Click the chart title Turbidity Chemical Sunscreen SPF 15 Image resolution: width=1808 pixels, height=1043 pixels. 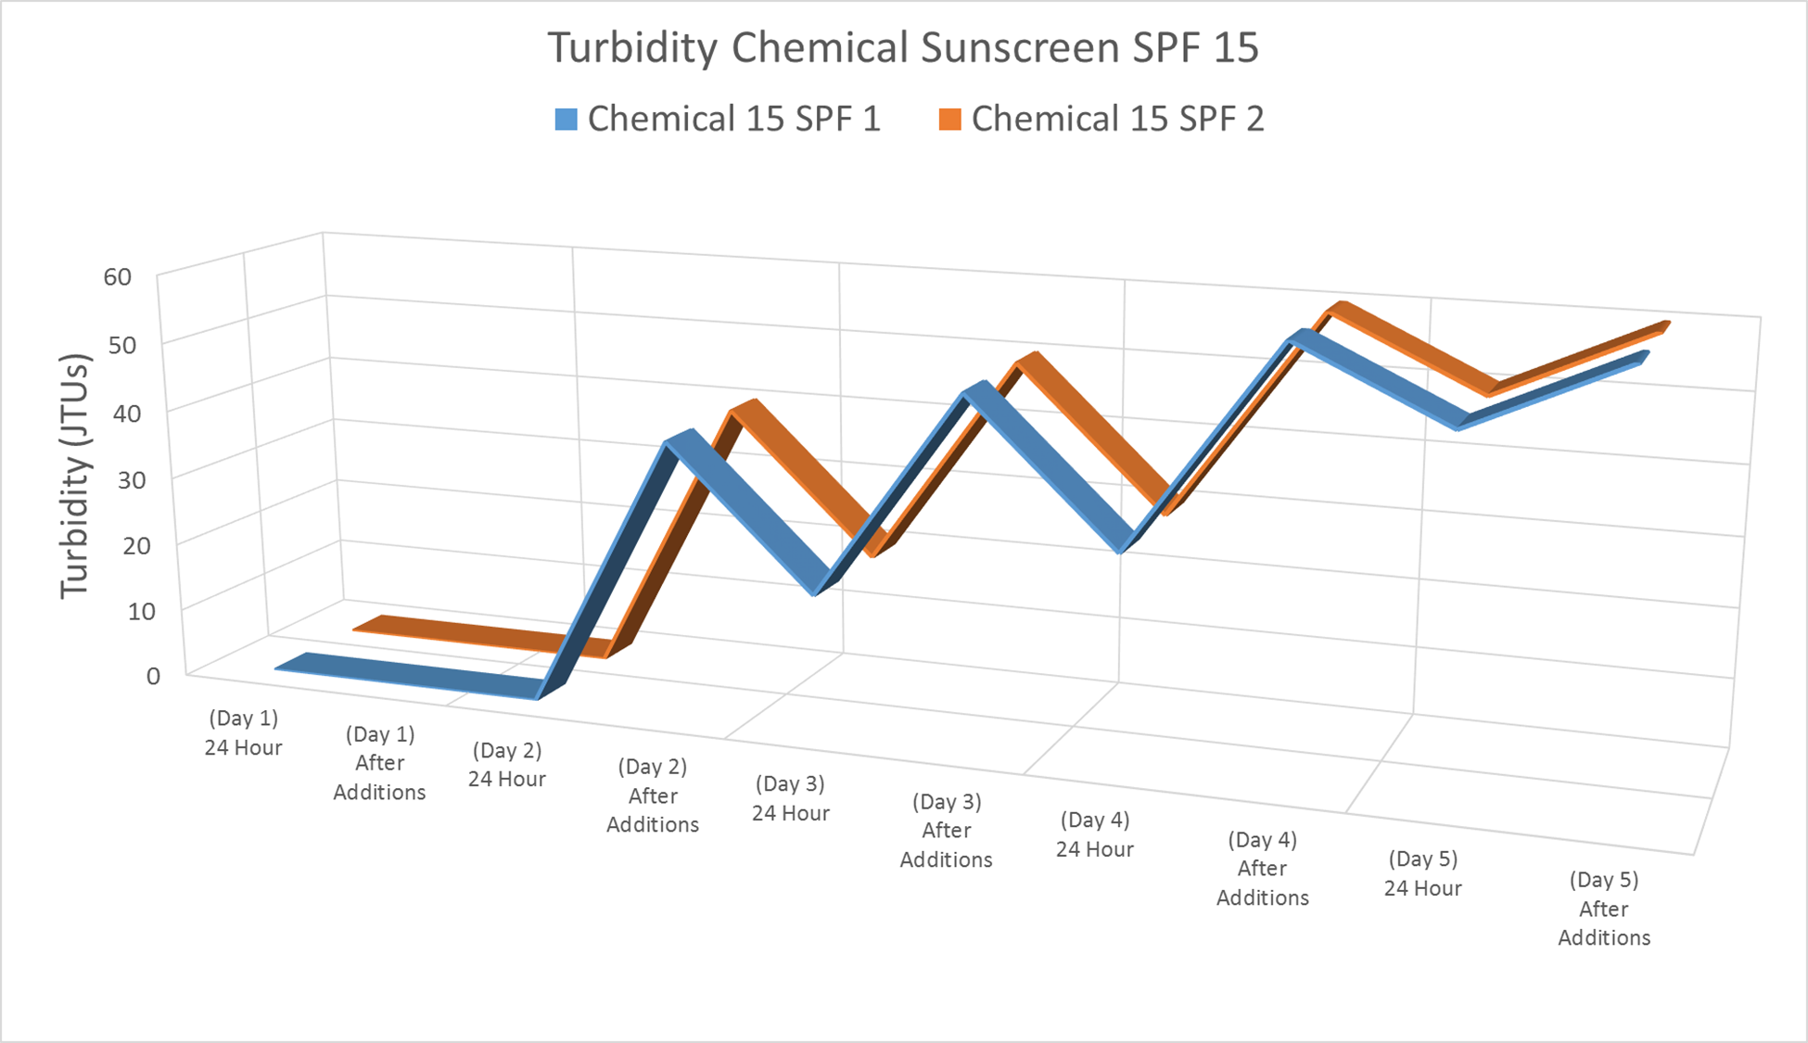(x=903, y=48)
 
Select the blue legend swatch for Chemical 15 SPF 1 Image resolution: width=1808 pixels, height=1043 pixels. (x=566, y=120)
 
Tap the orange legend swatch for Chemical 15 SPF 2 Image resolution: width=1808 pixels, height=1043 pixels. (x=949, y=120)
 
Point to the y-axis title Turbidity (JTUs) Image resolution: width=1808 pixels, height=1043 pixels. (x=74, y=476)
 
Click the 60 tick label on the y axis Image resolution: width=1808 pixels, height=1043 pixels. (x=118, y=276)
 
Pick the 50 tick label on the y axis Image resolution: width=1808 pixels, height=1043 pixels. (x=121, y=345)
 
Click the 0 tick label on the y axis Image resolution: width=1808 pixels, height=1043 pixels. (x=153, y=676)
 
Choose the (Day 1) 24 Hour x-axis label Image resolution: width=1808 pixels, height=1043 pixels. (x=243, y=732)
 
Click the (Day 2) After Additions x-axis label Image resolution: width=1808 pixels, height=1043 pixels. (x=653, y=795)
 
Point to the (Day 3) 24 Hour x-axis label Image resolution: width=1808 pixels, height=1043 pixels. (x=790, y=798)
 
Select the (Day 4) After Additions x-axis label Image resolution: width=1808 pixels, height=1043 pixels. (x=1262, y=869)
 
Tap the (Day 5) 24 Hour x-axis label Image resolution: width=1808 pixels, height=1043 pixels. (x=1422, y=873)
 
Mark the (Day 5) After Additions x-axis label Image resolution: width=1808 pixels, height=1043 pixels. (x=1604, y=909)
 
